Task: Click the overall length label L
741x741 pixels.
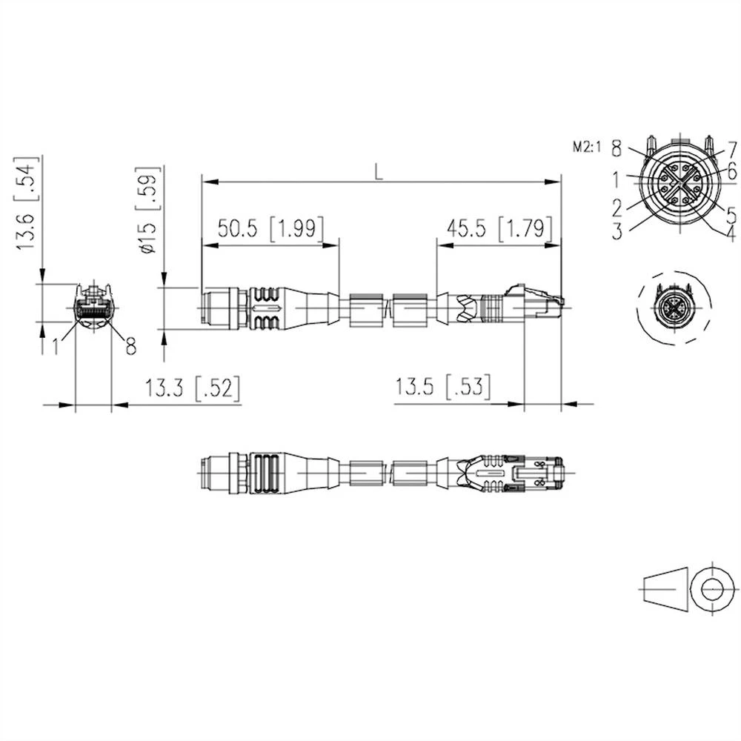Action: [379, 171]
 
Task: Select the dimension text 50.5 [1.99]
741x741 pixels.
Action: [269, 229]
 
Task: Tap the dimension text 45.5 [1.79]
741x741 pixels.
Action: [494, 229]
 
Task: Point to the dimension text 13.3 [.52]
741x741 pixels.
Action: [193, 388]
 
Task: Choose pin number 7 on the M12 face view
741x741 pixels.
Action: [731, 148]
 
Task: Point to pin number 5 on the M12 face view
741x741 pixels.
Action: [731, 215]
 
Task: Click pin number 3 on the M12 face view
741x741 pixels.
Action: [617, 230]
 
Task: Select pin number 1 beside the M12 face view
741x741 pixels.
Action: [617, 178]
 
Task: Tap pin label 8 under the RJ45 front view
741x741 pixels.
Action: [130, 346]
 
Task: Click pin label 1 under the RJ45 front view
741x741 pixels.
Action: [56, 345]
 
